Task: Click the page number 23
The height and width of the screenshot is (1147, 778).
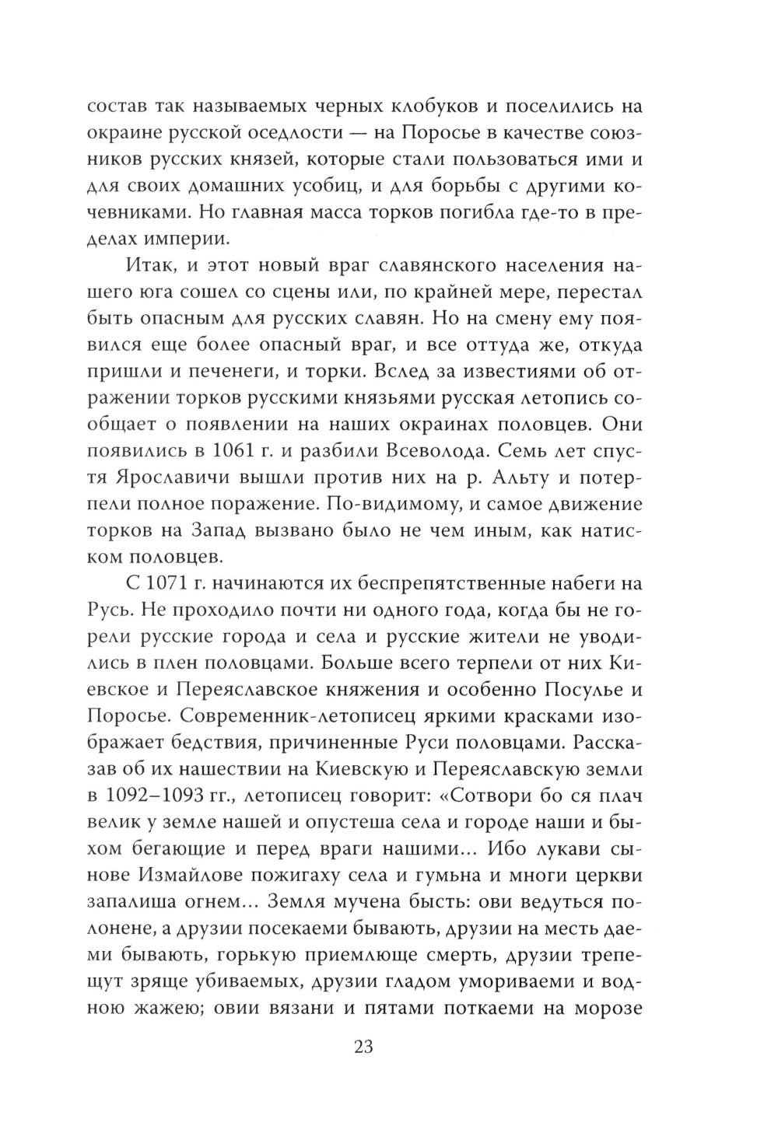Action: [x=364, y=1047]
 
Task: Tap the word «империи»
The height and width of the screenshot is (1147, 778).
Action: [x=180, y=237]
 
